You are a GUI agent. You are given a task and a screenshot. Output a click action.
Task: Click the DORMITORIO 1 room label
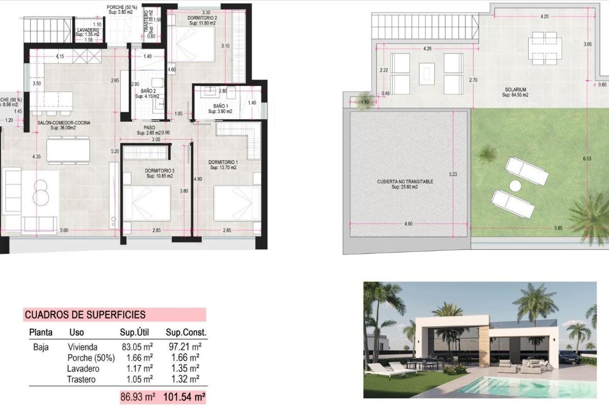pos(223,162)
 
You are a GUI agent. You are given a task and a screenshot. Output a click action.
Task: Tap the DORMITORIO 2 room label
pos(202,18)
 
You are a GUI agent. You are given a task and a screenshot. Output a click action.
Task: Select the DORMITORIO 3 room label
pos(160,171)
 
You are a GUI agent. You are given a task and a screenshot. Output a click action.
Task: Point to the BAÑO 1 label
pos(220,106)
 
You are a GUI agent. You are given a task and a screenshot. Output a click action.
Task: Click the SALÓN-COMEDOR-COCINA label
pos(64,123)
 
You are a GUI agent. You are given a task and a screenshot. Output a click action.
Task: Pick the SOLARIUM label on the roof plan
pos(516,90)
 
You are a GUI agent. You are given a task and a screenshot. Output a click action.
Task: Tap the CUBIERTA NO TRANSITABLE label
pos(405,182)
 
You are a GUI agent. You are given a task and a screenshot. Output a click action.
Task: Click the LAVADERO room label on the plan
pos(88,30)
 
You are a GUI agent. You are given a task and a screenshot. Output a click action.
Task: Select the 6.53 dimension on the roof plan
pos(587,159)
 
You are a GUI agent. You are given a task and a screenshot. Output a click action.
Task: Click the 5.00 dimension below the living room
pos(64,230)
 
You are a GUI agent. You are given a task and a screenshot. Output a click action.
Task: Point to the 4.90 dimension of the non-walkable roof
pos(409,224)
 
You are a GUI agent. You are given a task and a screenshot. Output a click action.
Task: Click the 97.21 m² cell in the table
pos(185,347)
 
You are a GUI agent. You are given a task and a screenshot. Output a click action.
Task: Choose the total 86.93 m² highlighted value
pos(138,396)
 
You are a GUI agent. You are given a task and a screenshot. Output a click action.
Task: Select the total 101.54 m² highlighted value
pos(184,396)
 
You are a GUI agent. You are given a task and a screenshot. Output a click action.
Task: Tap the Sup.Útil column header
pos(134,332)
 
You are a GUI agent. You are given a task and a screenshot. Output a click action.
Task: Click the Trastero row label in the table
pos(81,379)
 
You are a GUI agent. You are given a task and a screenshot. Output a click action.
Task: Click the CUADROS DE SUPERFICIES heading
pos(85,315)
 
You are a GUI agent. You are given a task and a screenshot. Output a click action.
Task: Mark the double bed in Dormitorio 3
pos(147,203)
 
